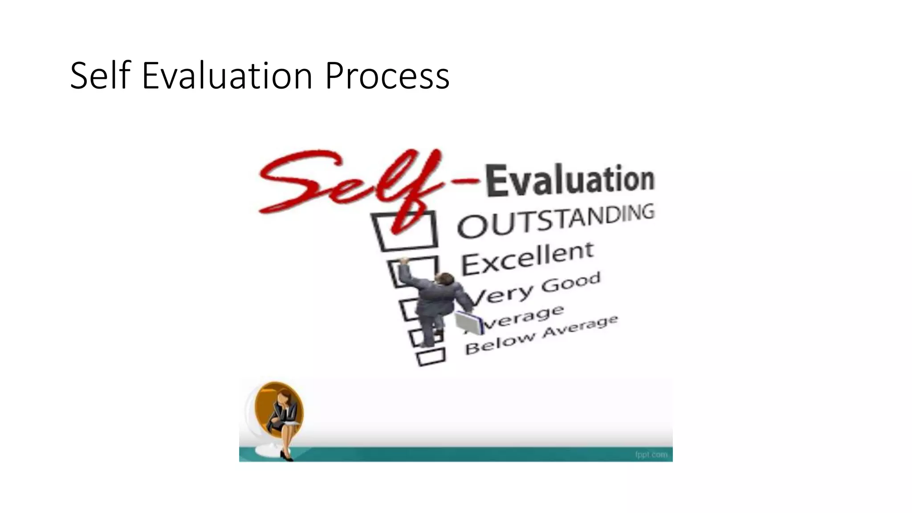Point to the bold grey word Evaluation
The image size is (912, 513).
coord(570,180)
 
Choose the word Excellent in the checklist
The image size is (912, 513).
coord(527,258)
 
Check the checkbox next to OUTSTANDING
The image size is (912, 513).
coord(405,230)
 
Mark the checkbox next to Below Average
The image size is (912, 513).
coord(431,357)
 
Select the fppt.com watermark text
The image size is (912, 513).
coord(651,455)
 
